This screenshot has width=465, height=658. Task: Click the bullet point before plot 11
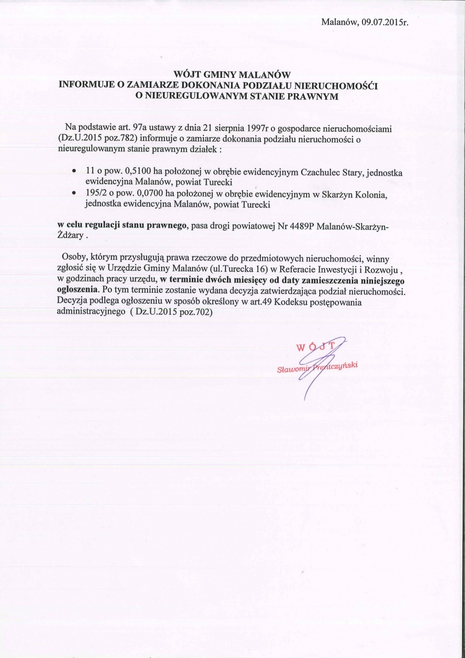(74, 172)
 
